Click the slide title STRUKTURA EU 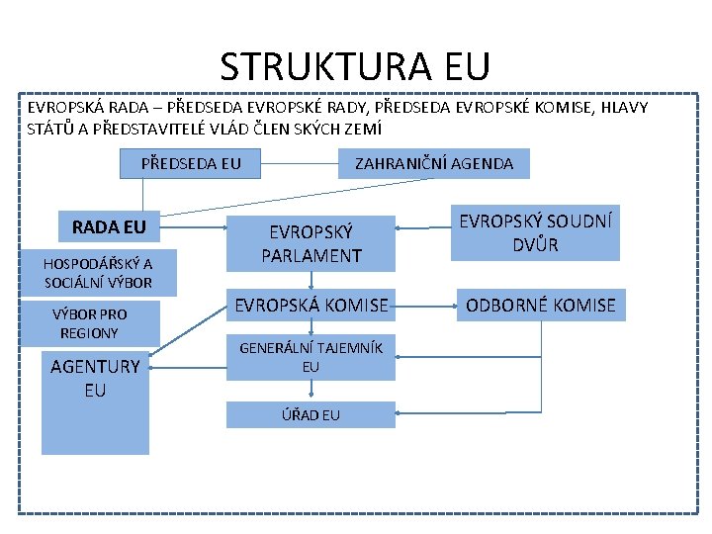pyautogui.click(x=354, y=66)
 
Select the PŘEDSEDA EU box pyautogui.click(x=190, y=163)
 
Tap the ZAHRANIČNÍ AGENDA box pyautogui.click(x=434, y=164)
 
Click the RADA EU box pyautogui.click(x=109, y=227)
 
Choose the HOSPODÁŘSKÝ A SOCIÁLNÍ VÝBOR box pyautogui.click(x=98, y=273)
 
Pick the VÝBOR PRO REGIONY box pyautogui.click(x=89, y=323)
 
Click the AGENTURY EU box pyautogui.click(x=95, y=401)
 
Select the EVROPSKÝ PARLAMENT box pyautogui.click(x=311, y=242)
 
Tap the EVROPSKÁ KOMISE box pyautogui.click(x=311, y=306)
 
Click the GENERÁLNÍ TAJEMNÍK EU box pyautogui.click(x=311, y=356)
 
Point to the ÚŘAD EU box pyautogui.click(x=311, y=414)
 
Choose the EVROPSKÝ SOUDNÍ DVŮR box pyautogui.click(x=535, y=232)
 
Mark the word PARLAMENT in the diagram pyautogui.click(x=311, y=256)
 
